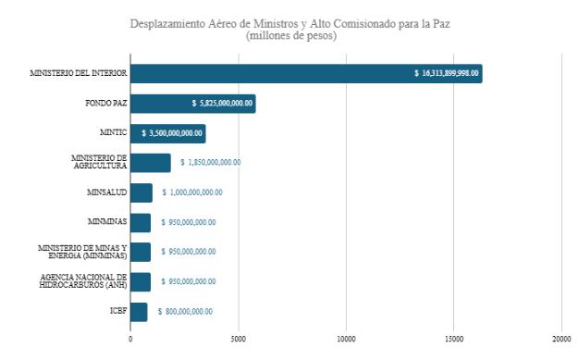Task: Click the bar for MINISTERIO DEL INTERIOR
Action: click(x=305, y=74)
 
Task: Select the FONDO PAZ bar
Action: click(x=191, y=104)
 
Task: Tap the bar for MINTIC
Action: click(x=166, y=133)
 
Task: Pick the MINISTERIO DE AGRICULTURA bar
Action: click(x=150, y=163)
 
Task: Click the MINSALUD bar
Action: click(x=141, y=192)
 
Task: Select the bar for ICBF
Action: click(x=138, y=312)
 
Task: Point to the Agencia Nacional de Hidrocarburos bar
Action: click(x=140, y=281)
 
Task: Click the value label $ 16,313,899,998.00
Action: click(x=446, y=74)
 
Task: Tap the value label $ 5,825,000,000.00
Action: click(x=222, y=104)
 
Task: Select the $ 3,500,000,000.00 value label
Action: click(x=172, y=133)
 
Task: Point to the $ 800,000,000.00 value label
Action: click(x=185, y=312)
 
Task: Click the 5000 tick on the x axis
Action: click(x=238, y=339)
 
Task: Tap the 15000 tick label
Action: click(x=453, y=339)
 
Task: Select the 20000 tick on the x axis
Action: click(x=561, y=339)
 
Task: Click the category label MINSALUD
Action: click(x=105, y=192)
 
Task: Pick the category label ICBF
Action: click(x=117, y=312)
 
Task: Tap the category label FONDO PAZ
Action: click(x=102, y=104)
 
